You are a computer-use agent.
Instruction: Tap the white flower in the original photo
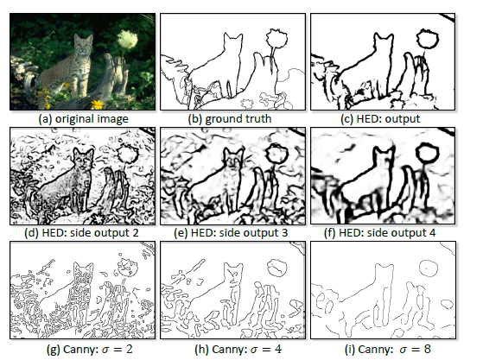point(127,39)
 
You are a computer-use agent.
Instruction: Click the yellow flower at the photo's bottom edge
point(98,104)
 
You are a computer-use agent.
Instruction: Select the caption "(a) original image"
point(83,119)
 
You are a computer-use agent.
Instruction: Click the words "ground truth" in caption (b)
point(238,119)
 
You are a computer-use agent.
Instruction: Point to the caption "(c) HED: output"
point(380,119)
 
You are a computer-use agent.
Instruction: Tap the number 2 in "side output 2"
point(135,232)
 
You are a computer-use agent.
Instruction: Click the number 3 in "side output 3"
point(284,232)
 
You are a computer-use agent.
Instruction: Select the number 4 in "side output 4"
point(432,232)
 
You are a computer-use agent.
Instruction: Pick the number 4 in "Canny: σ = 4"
point(278,349)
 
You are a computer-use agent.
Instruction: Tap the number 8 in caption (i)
point(427,349)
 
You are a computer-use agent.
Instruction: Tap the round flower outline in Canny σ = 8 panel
point(420,268)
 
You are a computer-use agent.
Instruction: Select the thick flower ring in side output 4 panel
point(417,154)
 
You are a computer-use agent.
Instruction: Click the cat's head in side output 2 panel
point(83,158)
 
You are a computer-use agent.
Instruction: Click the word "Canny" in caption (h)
point(230,350)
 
